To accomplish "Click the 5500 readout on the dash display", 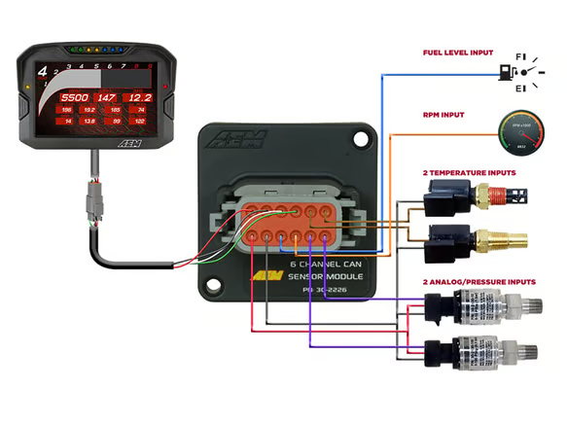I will [74, 98].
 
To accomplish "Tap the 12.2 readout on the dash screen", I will [140, 98].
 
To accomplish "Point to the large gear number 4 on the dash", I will [43, 71].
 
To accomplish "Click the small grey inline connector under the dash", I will [95, 205].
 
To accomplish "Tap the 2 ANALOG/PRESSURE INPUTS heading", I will [478, 282].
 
